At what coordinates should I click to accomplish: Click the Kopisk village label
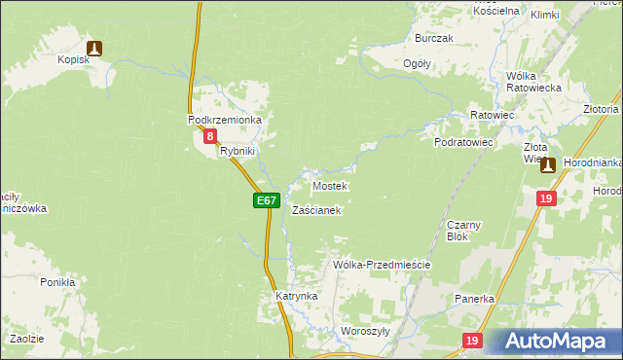click(x=73, y=60)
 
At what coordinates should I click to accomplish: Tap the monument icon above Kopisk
click(x=93, y=47)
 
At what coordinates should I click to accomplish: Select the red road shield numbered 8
click(x=210, y=137)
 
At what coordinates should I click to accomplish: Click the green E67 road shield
click(x=267, y=200)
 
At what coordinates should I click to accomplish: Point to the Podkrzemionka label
click(x=225, y=120)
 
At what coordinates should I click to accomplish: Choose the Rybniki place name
click(x=237, y=152)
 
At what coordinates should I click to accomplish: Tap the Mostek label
click(x=329, y=185)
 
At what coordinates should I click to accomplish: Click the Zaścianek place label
click(x=315, y=210)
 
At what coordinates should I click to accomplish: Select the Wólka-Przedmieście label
click(x=381, y=265)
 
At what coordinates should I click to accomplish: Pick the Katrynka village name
click(x=296, y=295)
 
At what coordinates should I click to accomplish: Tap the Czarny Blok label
click(x=458, y=230)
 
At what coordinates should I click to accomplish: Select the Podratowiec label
click(x=464, y=142)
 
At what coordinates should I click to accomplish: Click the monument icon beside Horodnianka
click(x=548, y=165)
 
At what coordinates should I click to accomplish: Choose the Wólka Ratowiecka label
click(x=530, y=81)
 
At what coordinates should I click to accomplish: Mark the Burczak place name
click(x=434, y=38)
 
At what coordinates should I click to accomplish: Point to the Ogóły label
click(x=417, y=63)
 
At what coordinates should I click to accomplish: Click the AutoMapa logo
click(x=559, y=342)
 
